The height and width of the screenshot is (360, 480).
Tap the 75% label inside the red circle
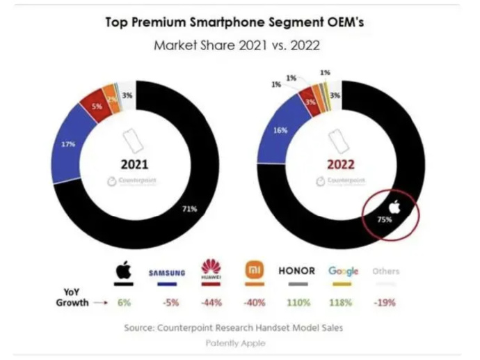385,219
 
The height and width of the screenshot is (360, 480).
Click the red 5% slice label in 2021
96,107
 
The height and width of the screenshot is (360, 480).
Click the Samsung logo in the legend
167,272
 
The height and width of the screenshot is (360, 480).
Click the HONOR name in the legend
297,270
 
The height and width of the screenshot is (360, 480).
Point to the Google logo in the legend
343,270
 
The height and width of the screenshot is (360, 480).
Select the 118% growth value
343,303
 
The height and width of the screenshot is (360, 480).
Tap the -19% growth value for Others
385,303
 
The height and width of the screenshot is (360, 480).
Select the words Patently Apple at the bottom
234,343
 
